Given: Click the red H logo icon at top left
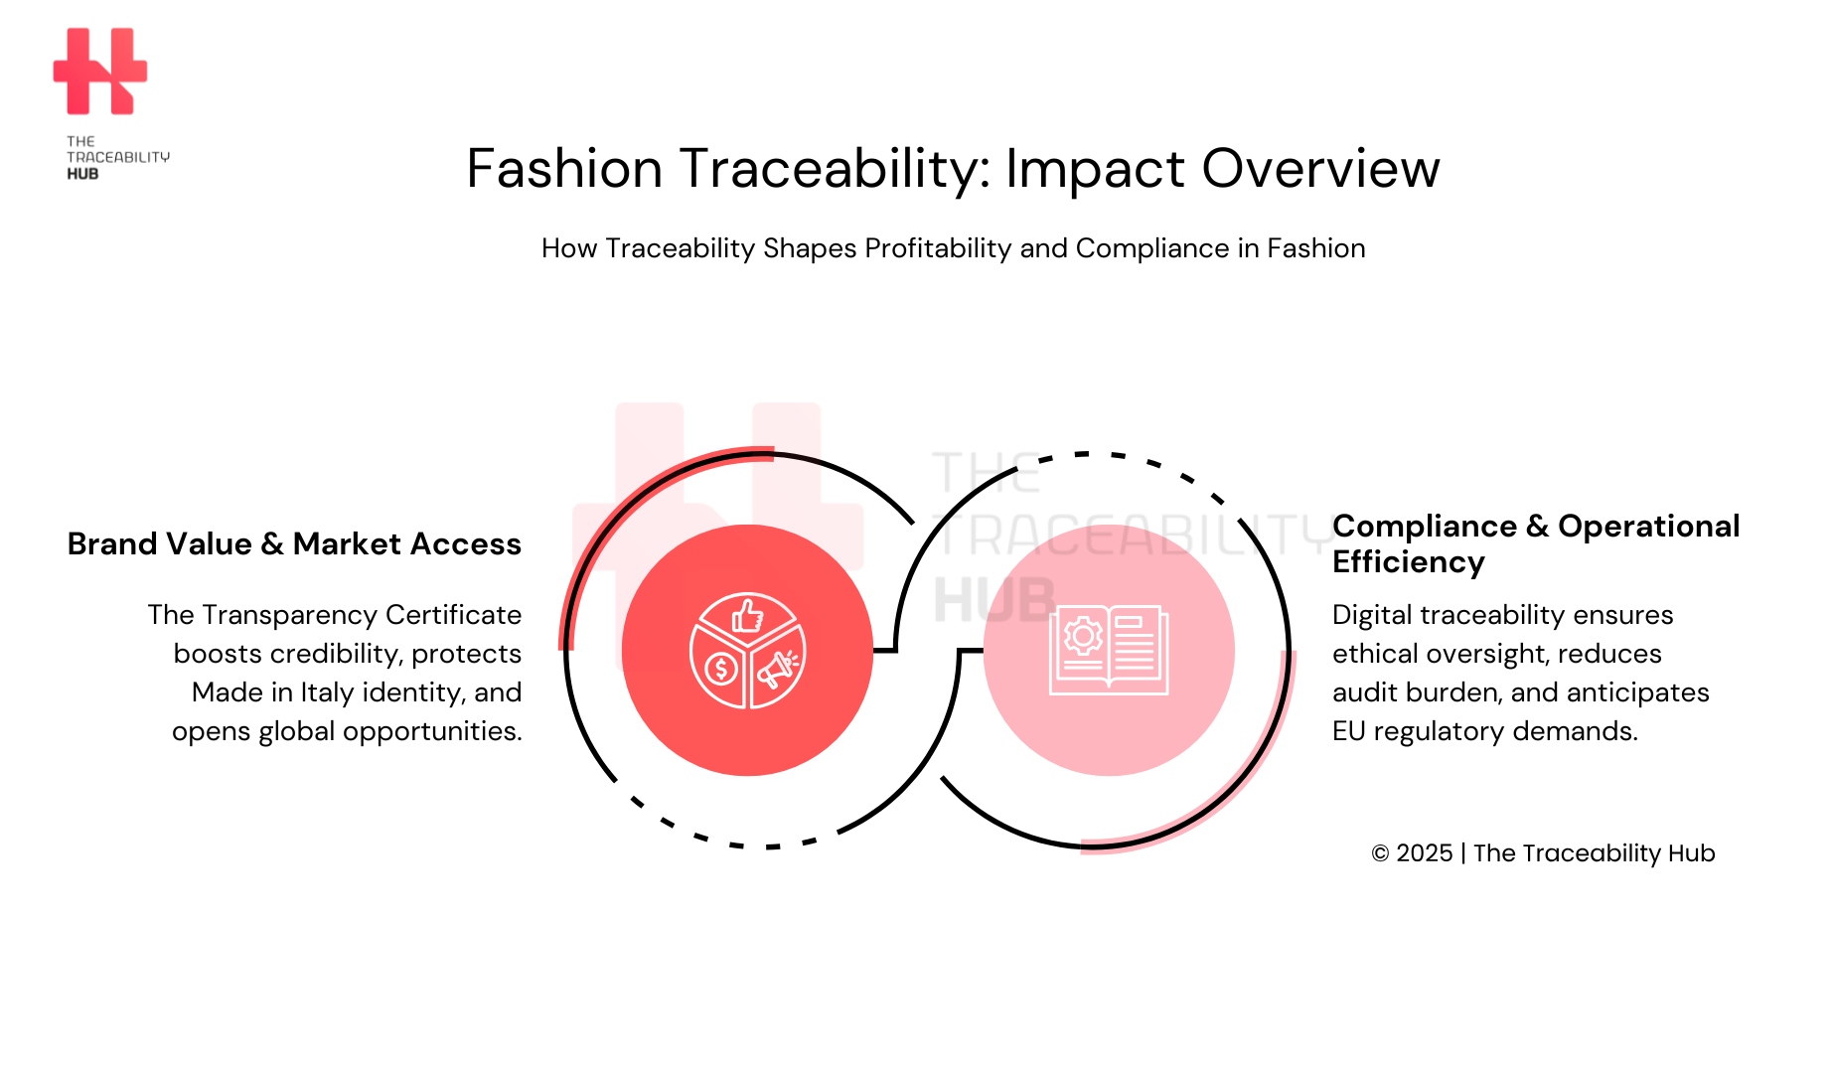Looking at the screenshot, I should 99,72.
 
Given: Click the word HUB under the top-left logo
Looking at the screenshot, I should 82,174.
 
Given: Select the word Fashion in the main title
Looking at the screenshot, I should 564,168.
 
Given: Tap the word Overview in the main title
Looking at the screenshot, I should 1320,168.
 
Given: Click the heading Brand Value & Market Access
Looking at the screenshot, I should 294,544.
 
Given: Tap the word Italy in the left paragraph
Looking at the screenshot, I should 328,692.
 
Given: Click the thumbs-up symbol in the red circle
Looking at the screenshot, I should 747,617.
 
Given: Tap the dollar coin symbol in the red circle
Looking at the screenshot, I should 720,669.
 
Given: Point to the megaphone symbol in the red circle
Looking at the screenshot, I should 777,671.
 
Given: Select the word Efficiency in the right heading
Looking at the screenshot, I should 1408,562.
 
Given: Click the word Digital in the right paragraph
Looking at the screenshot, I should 1372,615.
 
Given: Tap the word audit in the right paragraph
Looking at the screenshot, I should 1362,692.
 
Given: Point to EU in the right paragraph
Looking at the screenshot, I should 1348,731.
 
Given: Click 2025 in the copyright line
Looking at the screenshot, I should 1424,853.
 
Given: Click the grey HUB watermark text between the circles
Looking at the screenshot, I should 993,600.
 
